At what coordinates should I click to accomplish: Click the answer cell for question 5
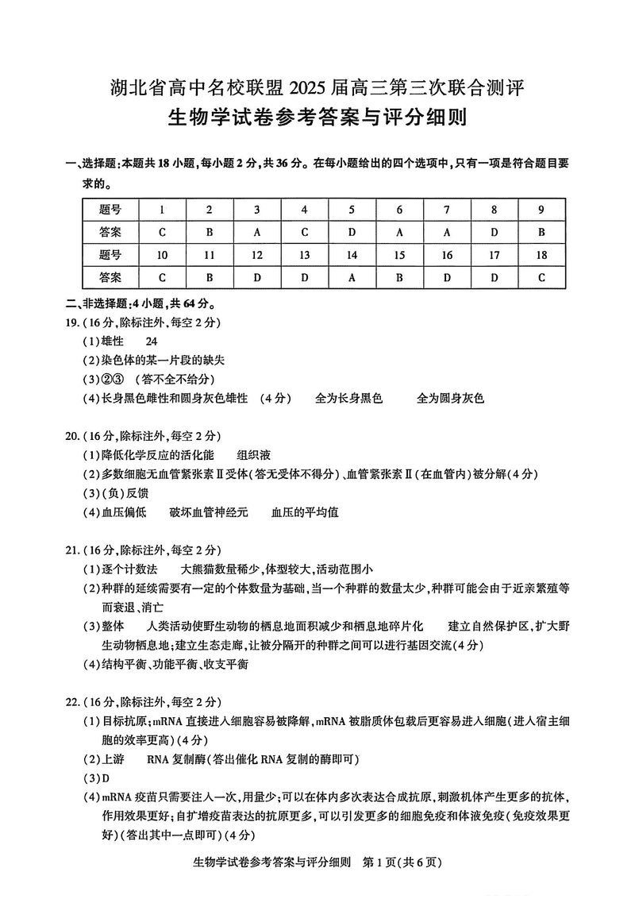pyautogui.click(x=352, y=233)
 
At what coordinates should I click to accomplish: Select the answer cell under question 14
pyautogui.click(x=352, y=278)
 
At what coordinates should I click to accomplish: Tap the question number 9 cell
pyautogui.click(x=541, y=210)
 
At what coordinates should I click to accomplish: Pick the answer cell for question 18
pyautogui.click(x=541, y=278)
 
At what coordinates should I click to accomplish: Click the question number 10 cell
pyautogui.click(x=162, y=255)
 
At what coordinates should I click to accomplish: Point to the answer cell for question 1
pyautogui.click(x=162, y=233)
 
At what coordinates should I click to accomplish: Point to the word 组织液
pyautogui.click(x=254, y=455)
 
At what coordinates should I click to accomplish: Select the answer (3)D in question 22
pyautogui.click(x=96, y=777)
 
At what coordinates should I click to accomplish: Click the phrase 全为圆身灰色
pyautogui.click(x=450, y=398)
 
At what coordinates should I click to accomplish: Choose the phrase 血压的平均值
pyautogui.click(x=305, y=512)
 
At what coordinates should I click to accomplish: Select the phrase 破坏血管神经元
pyautogui.click(x=209, y=512)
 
